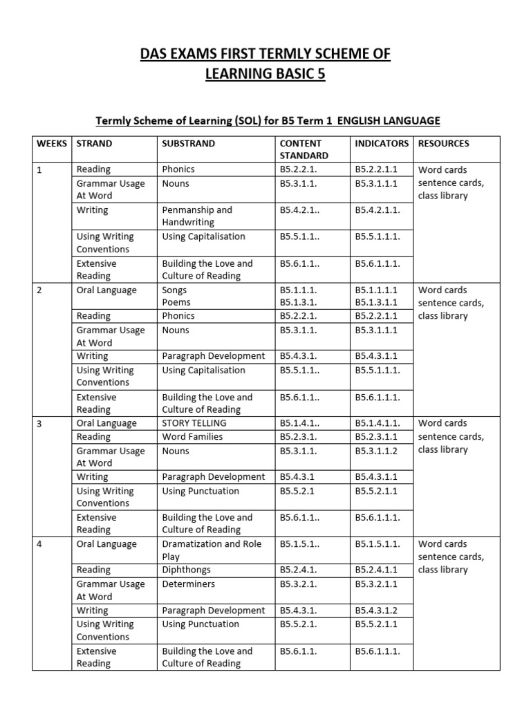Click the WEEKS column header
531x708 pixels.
click(52, 144)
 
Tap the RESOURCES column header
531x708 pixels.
click(444, 144)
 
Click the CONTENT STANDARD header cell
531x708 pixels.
click(304, 149)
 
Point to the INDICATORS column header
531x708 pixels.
click(382, 144)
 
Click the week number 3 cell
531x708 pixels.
click(39, 423)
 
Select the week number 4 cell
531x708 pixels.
click(39, 544)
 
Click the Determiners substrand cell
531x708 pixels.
click(188, 584)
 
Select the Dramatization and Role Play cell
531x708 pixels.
click(212, 550)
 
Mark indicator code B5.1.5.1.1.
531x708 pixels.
click(378, 544)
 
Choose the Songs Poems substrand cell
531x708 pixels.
click(174, 297)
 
